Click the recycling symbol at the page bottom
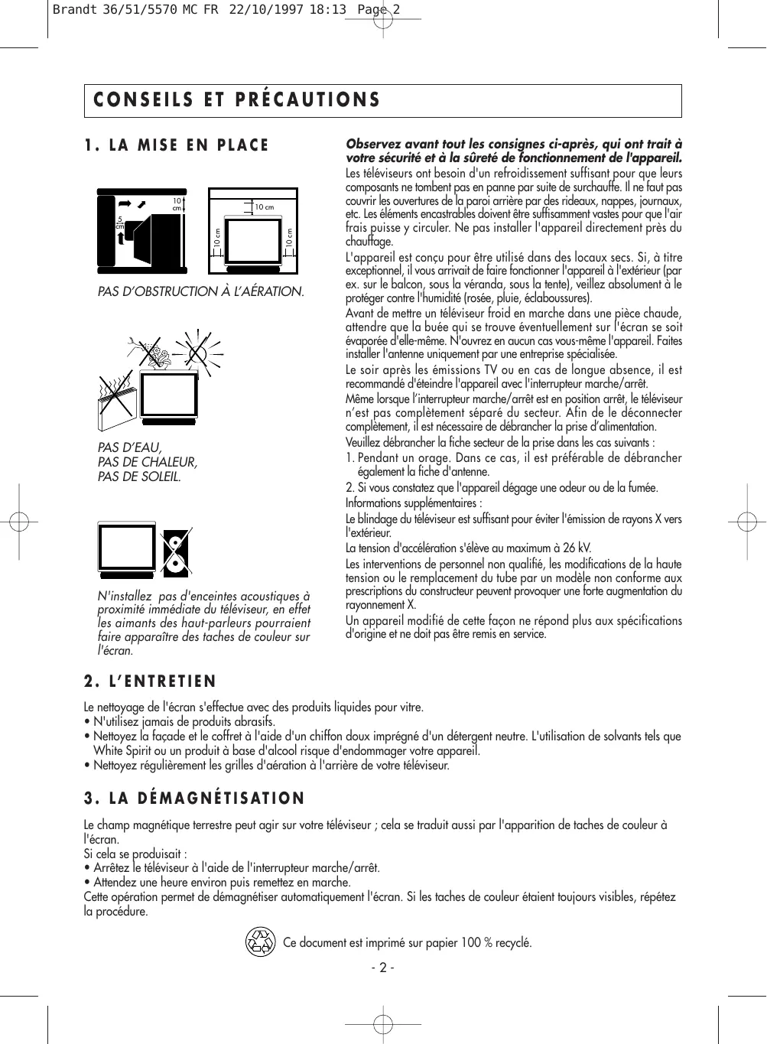pyautogui.click(x=260, y=942)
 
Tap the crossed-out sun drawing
pyautogui.click(x=197, y=353)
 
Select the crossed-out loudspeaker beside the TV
pyautogui.click(x=176, y=551)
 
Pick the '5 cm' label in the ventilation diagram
pyautogui.click(x=120, y=222)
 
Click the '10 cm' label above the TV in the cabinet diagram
pyautogui.click(x=264, y=207)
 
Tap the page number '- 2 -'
pyautogui.click(x=382, y=968)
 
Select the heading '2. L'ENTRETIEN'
pyautogui.click(x=151, y=681)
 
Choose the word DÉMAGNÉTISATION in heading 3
pyautogui.click(x=222, y=798)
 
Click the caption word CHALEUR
pyautogui.click(x=169, y=462)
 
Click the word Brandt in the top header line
pyautogui.click(x=75, y=10)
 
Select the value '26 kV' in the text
pyautogui.click(x=577, y=548)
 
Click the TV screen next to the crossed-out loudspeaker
pyautogui.click(x=127, y=547)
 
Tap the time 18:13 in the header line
pyautogui.click(x=328, y=10)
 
